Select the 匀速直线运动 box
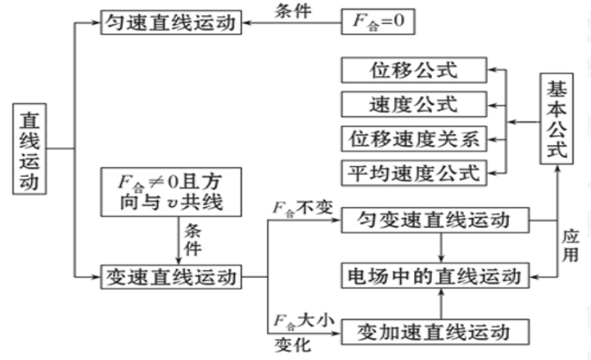click(x=170, y=23)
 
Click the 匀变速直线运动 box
click(x=434, y=222)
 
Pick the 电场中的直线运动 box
click(x=434, y=275)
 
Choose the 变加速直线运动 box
click(x=434, y=332)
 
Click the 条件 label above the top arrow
click(x=295, y=11)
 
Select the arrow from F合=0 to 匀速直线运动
click(x=292, y=24)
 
